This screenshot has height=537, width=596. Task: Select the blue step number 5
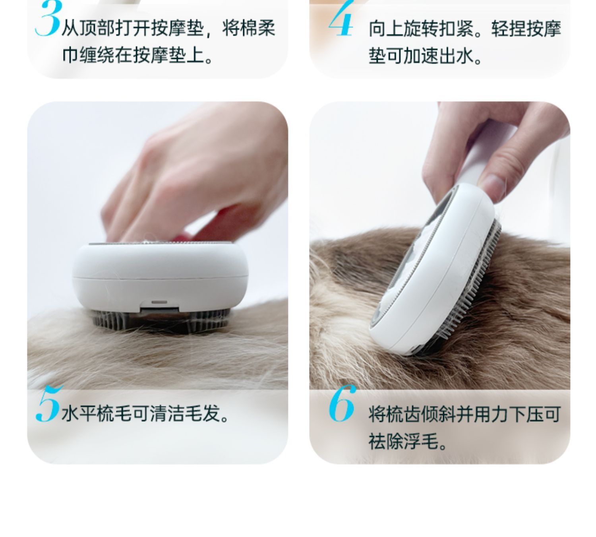[48, 404]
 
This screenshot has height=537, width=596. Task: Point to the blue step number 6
[342, 403]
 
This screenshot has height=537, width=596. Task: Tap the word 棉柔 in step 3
[258, 29]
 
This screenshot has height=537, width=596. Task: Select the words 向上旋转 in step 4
[403, 29]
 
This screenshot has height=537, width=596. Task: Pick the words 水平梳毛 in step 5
[96, 414]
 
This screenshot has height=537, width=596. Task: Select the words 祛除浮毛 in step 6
[403, 441]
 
